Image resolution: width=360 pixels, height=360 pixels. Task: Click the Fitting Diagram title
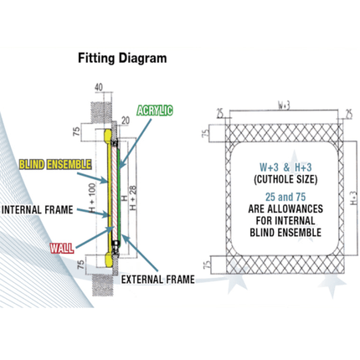tap(122, 58)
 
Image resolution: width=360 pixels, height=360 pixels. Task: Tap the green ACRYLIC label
tap(155, 111)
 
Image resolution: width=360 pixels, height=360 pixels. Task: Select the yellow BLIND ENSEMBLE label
tap(55, 164)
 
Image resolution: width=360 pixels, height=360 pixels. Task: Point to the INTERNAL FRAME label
tap(37, 209)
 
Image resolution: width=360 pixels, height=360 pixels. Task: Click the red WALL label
tap(62, 248)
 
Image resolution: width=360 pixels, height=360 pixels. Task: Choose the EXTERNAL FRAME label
tap(157, 280)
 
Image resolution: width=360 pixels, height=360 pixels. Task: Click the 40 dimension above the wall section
tap(99, 87)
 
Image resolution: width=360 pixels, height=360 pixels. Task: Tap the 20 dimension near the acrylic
tap(126, 121)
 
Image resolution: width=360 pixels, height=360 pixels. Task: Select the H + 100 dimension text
tap(92, 198)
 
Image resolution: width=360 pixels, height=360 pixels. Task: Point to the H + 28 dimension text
tap(133, 198)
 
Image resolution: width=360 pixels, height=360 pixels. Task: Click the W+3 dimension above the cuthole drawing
tap(284, 105)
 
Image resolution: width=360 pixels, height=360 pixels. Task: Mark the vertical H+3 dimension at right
tap(354, 198)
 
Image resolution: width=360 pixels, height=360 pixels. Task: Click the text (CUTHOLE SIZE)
tap(285, 179)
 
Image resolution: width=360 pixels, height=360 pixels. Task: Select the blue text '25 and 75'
tap(285, 197)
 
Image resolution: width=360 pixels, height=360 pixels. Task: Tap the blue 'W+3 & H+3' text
tap(285, 167)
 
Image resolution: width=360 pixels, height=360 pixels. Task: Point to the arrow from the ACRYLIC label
tap(136, 144)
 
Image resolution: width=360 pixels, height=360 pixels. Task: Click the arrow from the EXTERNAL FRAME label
tap(140, 253)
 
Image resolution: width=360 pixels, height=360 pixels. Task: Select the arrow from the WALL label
tap(95, 237)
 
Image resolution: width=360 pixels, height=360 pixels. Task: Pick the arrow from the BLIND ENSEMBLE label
tap(92, 178)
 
